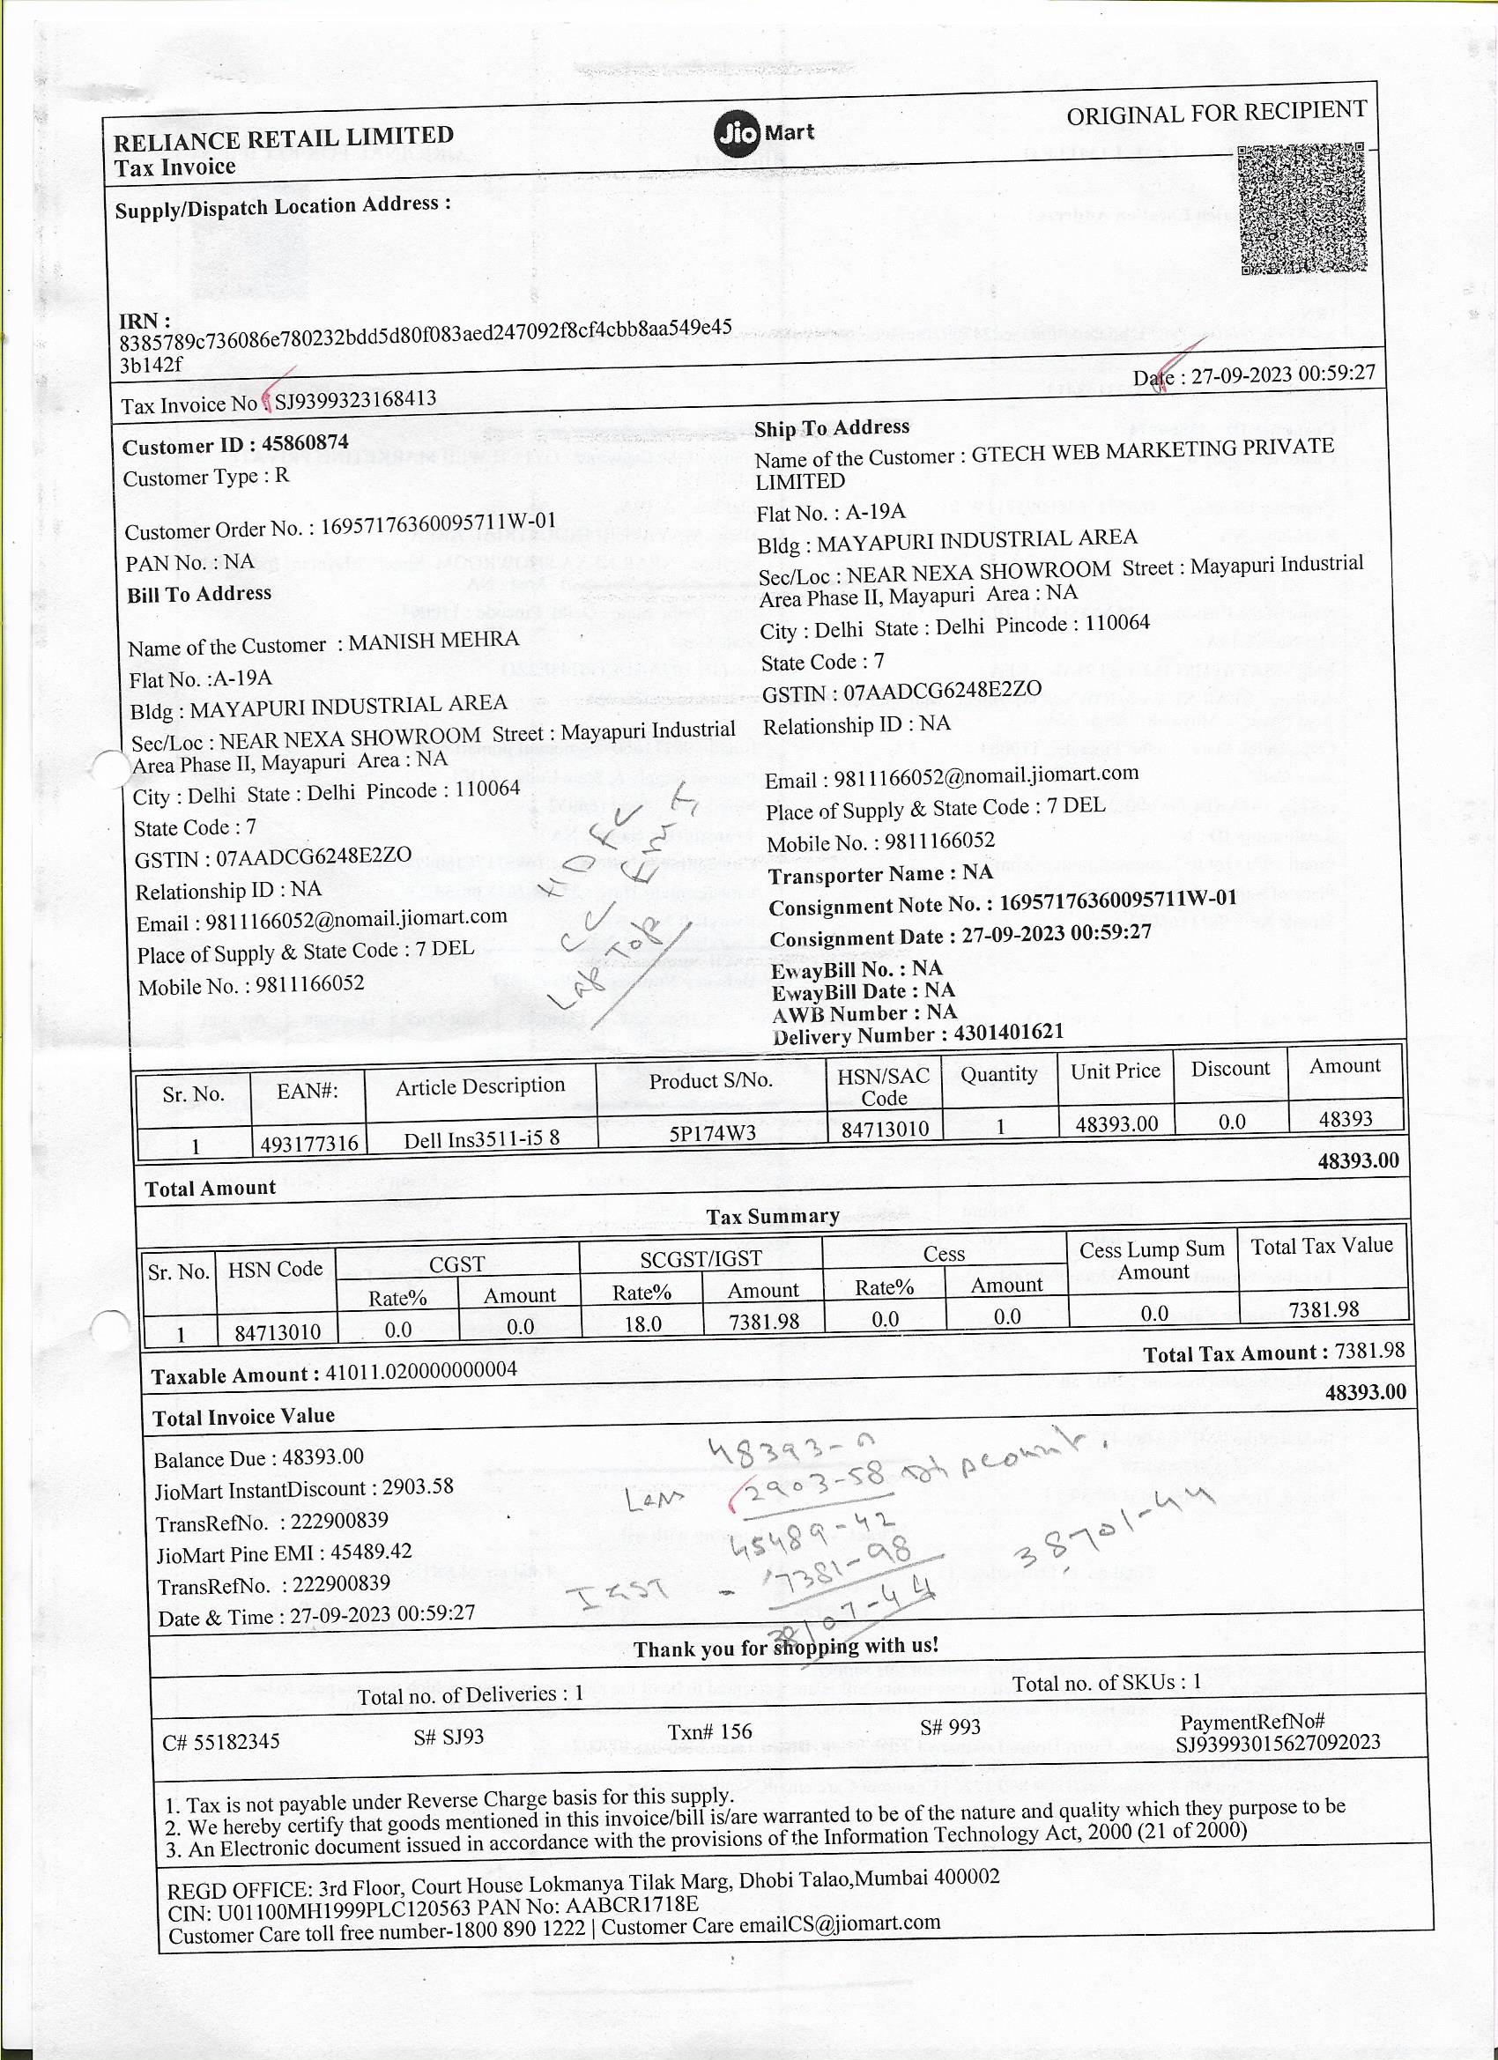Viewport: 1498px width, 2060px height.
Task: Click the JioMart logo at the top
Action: [763, 134]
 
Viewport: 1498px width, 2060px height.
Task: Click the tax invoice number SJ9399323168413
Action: [356, 400]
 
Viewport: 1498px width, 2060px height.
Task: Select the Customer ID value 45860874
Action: [304, 443]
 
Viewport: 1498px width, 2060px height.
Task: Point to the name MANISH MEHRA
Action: [434, 641]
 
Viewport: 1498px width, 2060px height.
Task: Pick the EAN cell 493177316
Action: [309, 1143]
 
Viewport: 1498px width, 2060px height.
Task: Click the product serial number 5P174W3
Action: [712, 1132]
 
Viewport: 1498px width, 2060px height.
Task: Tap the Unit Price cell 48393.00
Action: [1116, 1124]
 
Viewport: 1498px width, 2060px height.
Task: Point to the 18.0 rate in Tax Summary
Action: [642, 1324]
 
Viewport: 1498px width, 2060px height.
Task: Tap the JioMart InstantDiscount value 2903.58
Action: [417, 1487]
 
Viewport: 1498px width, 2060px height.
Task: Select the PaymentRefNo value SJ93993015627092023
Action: [1277, 1742]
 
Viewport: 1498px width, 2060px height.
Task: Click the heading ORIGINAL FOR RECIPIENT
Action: [1215, 114]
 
